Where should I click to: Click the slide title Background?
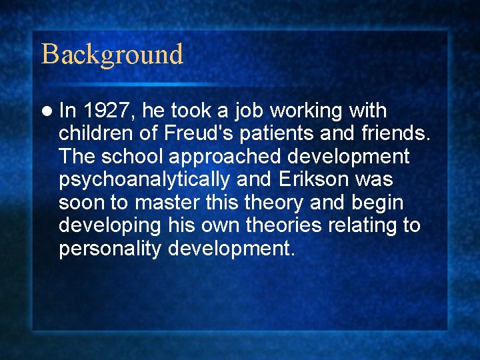(112, 54)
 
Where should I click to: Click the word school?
(131, 157)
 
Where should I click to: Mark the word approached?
(223, 157)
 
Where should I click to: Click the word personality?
(111, 249)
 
